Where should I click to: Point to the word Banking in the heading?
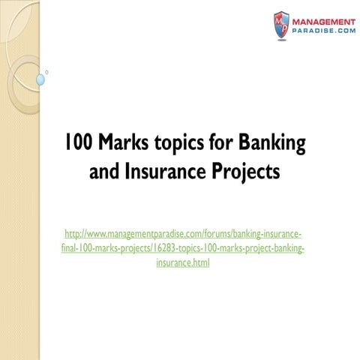(260, 141)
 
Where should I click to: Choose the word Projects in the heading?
(244, 172)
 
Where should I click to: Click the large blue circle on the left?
(40, 78)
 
